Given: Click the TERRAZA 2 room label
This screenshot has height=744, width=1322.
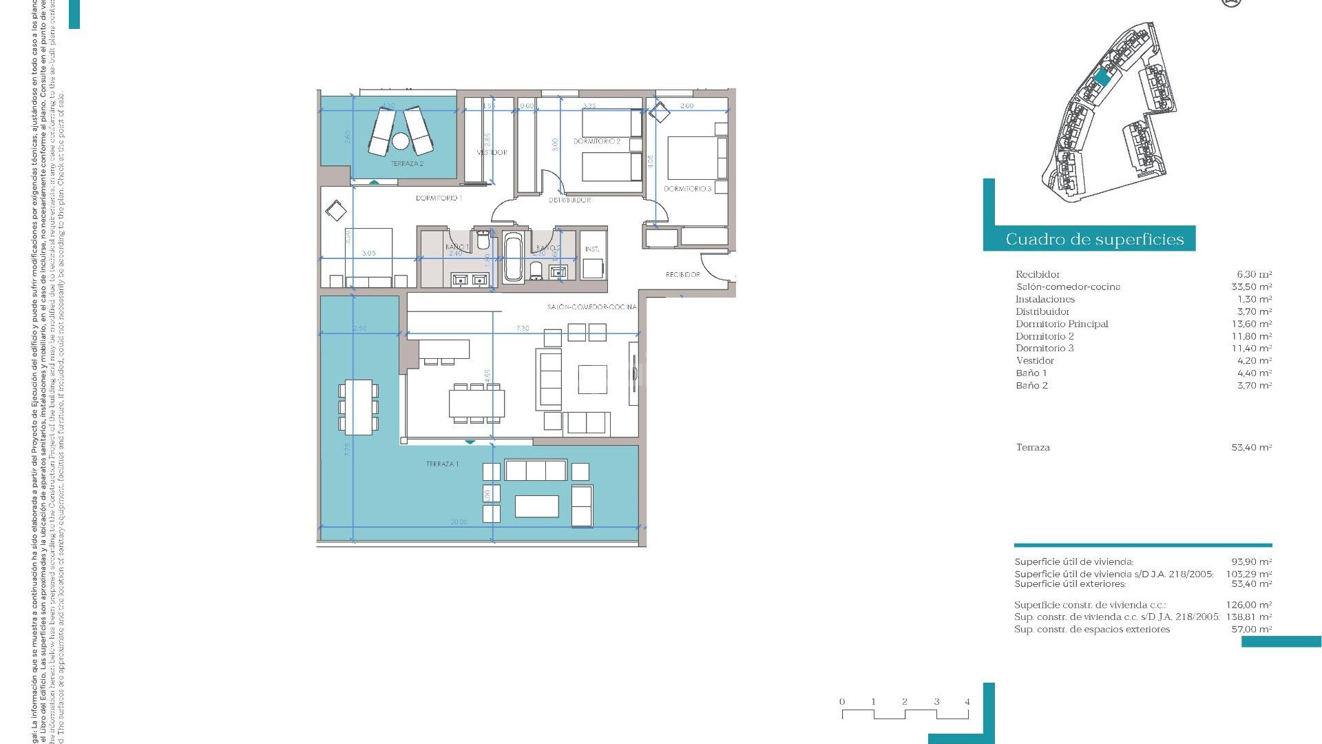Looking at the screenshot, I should pyautogui.click(x=407, y=164).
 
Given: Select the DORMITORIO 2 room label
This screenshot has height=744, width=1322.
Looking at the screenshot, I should pyautogui.click(x=597, y=141).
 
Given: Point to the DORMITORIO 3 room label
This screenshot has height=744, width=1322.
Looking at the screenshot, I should pyautogui.click(x=687, y=189).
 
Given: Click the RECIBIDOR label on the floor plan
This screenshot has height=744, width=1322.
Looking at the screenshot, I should pyautogui.click(x=682, y=274).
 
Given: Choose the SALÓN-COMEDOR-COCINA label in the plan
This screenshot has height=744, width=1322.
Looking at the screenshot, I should pyautogui.click(x=591, y=307).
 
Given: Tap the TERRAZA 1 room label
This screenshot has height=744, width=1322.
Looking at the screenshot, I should pyautogui.click(x=442, y=464).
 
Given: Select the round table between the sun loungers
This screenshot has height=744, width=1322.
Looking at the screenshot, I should pyautogui.click(x=400, y=142).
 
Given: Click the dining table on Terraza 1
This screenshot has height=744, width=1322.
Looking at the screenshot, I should pyautogui.click(x=358, y=407).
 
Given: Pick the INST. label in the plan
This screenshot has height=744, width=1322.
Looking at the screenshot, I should pyautogui.click(x=592, y=249).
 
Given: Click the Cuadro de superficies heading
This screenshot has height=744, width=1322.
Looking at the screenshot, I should pyautogui.click(x=1094, y=239).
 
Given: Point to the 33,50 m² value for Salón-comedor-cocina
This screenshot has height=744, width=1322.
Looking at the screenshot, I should pyautogui.click(x=1251, y=287).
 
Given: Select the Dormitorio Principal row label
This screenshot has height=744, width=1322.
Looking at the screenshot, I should pyautogui.click(x=1062, y=324).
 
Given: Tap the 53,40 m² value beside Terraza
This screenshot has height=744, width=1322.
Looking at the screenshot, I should pyautogui.click(x=1251, y=447).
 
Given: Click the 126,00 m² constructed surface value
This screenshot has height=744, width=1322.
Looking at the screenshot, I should pyautogui.click(x=1248, y=606).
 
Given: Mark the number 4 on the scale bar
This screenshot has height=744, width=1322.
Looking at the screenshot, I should pyautogui.click(x=967, y=702).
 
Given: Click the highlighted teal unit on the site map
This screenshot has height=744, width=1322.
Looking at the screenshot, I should pyautogui.click(x=1102, y=78).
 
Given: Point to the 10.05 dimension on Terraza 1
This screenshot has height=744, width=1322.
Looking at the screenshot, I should pyautogui.click(x=459, y=522).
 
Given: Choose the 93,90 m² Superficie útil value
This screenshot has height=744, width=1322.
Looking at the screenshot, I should pyautogui.click(x=1251, y=561).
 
